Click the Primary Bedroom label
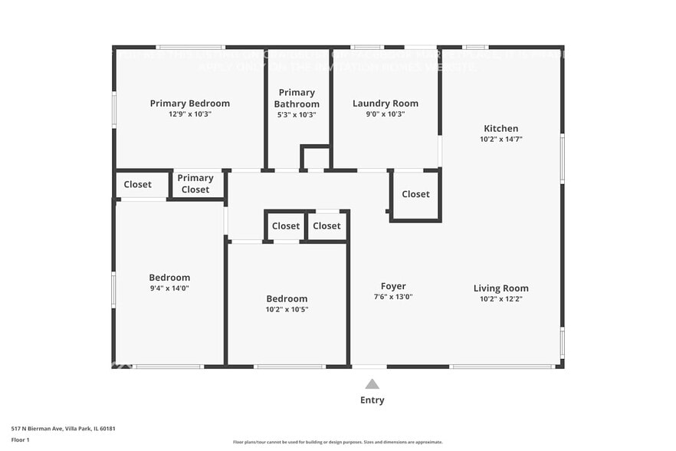point(189,104)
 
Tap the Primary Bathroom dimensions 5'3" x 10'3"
point(297,114)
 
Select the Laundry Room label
point(385,104)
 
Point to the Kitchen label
point(500,129)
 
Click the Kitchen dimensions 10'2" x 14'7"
point(500,140)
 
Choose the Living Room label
point(500,288)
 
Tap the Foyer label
point(393,286)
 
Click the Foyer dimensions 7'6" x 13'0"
point(393,297)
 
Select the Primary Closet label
point(195,184)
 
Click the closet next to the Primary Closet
point(138,185)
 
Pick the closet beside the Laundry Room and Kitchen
point(415,194)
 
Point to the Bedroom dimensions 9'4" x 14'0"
point(169,288)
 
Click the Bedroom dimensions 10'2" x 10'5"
point(287,310)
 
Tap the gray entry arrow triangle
point(372,384)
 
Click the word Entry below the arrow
point(372,400)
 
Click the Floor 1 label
point(20,439)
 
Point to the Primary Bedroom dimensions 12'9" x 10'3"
point(189,114)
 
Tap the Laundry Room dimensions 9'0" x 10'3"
point(385,114)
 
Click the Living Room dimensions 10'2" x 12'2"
point(500,299)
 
